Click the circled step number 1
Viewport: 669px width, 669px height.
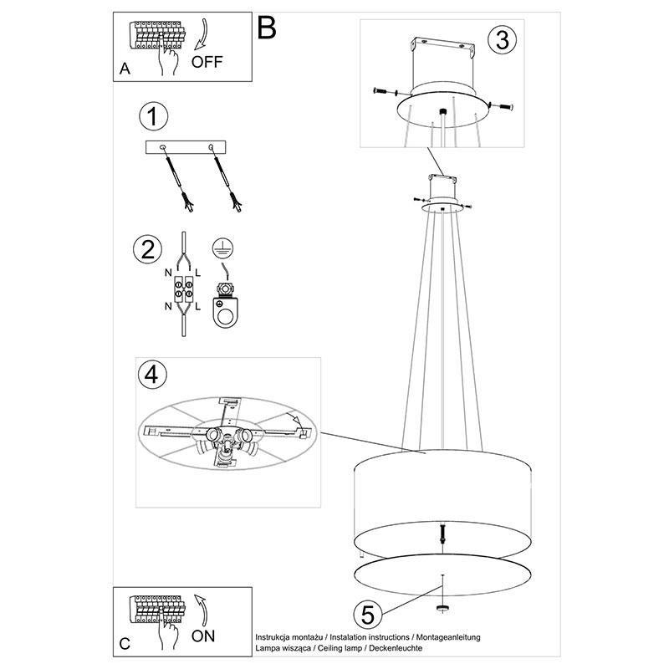pos(154,116)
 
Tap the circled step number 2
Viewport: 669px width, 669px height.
pos(148,249)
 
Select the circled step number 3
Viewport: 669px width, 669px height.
pos(503,40)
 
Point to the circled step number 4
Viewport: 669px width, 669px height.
pos(152,375)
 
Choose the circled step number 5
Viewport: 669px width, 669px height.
pos(368,615)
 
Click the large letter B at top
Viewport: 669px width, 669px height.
pos(267,28)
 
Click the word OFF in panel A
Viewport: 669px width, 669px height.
pos(207,62)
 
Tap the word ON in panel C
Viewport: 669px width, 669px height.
pos(203,636)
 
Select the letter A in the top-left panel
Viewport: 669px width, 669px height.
pos(125,69)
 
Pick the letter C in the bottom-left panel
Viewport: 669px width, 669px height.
pos(125,643)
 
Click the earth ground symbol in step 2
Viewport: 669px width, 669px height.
pos(222,248)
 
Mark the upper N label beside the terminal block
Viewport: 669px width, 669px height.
pos(168,273)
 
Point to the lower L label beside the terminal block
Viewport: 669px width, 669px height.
pos(198,306)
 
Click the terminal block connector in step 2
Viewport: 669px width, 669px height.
pos(183,289)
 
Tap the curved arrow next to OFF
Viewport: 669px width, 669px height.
pos(202,34)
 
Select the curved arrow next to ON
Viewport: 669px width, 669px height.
pos(202,610)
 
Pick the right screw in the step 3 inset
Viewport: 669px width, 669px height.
pos(505,106)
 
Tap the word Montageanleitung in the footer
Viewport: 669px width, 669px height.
pos(448,637)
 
